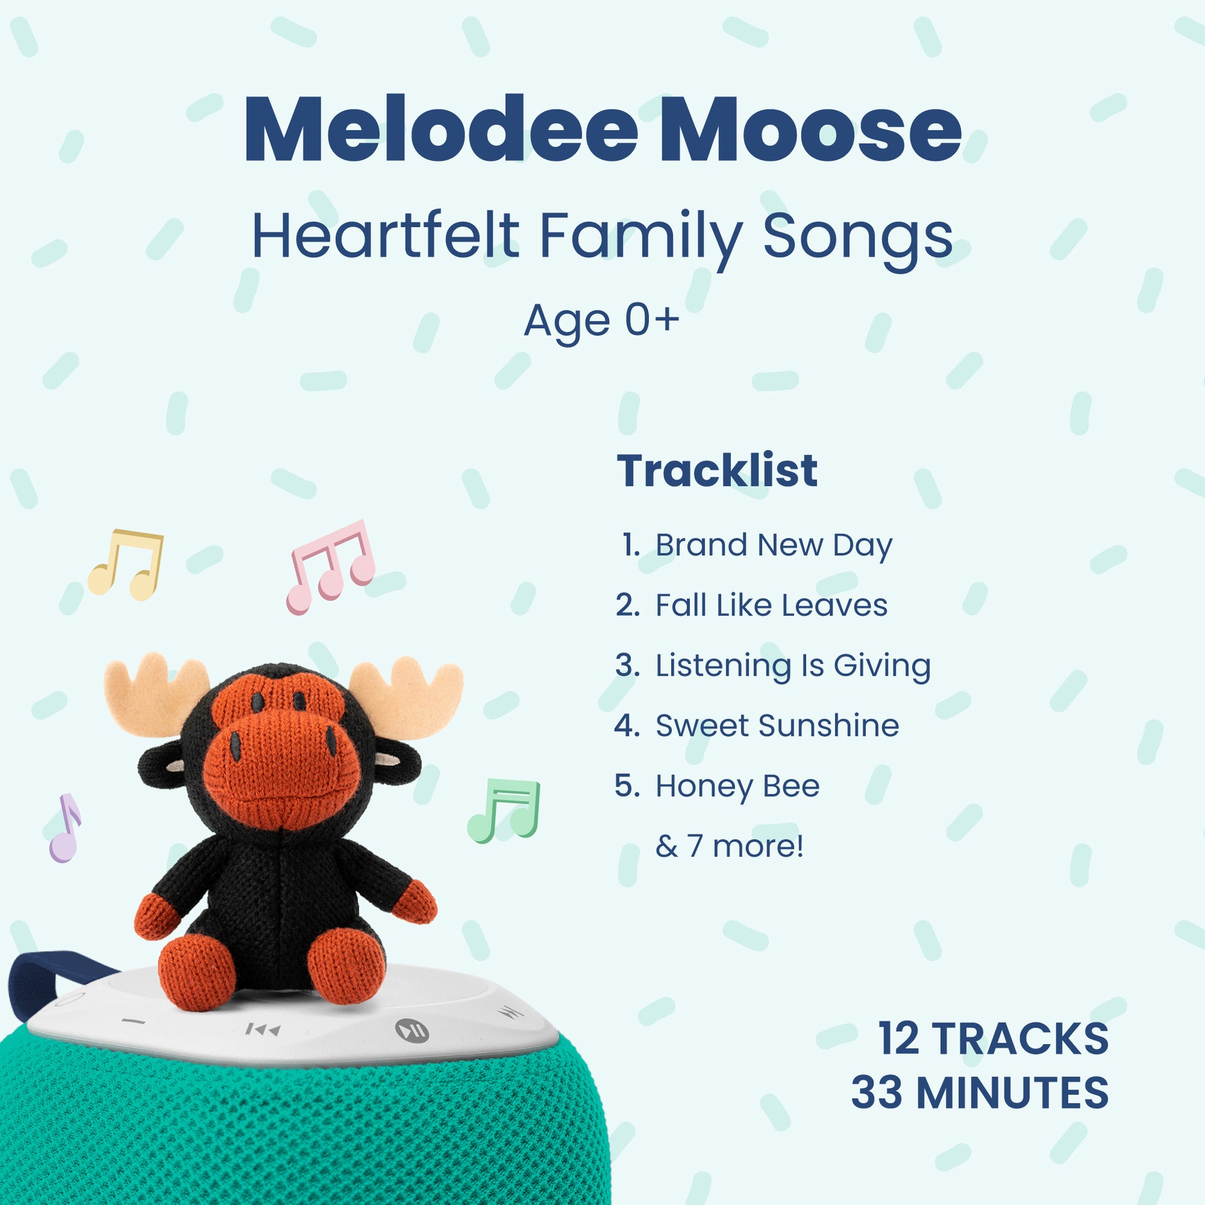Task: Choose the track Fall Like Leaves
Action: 772,605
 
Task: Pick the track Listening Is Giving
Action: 793,666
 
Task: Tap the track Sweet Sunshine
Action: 777,725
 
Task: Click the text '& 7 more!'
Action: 729,846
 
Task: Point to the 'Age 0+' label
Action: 602,321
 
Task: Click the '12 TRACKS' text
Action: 994,1038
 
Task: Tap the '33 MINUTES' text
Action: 980,1093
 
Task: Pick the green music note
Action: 504,811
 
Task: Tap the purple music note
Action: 65,829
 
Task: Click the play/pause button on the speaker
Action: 412,1029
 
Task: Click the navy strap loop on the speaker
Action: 44,976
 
